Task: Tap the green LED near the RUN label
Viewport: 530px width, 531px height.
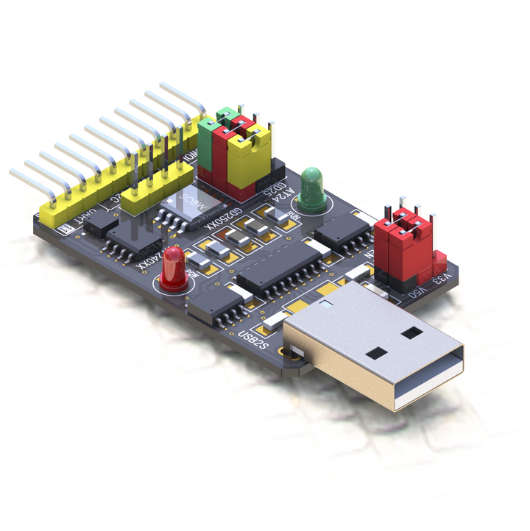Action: coord(311,185)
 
